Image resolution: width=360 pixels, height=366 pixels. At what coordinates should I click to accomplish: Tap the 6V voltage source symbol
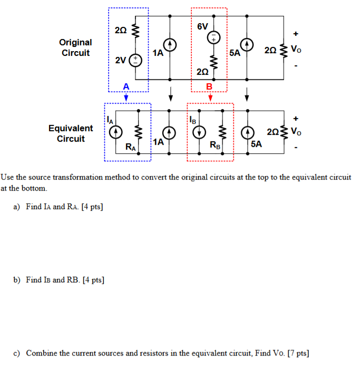214,38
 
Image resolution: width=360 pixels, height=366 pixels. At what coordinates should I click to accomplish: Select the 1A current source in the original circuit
171,45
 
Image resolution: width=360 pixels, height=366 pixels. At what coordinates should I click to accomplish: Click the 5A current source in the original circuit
247,45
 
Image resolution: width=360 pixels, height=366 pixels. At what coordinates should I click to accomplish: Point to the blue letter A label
125,86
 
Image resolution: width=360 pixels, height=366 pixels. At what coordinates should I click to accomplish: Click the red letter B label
209,86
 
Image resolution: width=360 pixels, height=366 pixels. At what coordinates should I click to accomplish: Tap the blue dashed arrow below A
125,96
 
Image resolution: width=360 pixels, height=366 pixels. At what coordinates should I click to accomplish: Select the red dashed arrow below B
209,96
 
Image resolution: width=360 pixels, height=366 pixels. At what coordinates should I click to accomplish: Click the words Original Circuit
75,47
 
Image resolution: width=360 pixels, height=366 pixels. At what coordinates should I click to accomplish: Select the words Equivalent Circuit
71,133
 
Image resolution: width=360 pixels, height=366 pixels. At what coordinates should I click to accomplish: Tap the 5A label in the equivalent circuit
257,143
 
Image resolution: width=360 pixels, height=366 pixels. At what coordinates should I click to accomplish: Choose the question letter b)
16,280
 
